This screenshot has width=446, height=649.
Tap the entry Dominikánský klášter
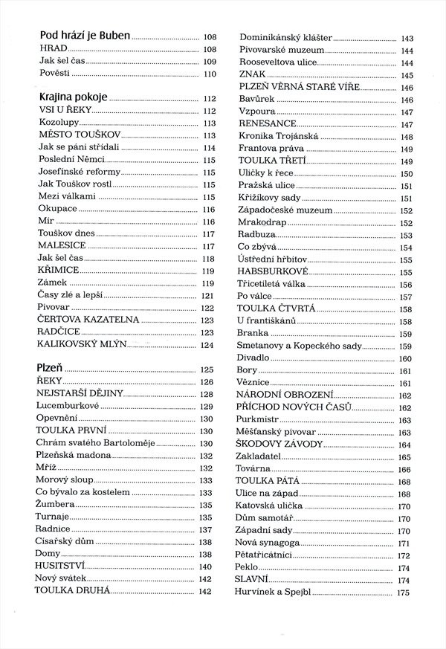[x=285, y=38]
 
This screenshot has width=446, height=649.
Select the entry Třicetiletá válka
[x=272, y=284]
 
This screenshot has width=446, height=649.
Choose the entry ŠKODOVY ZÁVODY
[x=280, y=444]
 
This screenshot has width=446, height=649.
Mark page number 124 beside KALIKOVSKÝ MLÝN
[x=207, y=345]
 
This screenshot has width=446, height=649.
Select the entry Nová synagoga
[x=269, y=543]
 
